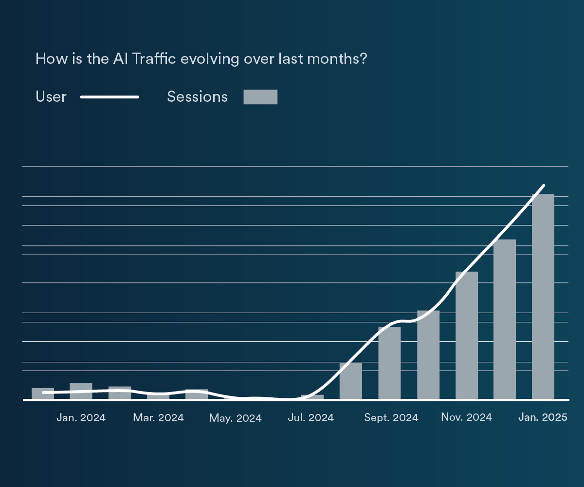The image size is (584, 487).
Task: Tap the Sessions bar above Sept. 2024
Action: coord(389,363)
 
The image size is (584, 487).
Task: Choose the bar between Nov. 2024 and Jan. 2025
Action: coord(505,319)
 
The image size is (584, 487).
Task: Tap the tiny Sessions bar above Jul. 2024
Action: coord(312,397)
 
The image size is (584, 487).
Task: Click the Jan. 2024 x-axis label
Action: coord(81,418)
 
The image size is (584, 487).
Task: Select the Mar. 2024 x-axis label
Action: coord(158,418)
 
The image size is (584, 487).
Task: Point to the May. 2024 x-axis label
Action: coord(236,418)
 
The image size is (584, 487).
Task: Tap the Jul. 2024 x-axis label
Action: coord(311,418)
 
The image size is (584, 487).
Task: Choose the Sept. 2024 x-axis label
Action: coord(391,418)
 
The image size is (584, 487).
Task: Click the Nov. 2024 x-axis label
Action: coord(466,417)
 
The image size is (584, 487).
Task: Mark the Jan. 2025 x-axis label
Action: coord(542,417)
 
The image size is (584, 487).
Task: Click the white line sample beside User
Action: coord(110,97)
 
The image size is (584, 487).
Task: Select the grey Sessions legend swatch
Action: coord(260,97)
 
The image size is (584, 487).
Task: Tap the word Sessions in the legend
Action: coord(197,97)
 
